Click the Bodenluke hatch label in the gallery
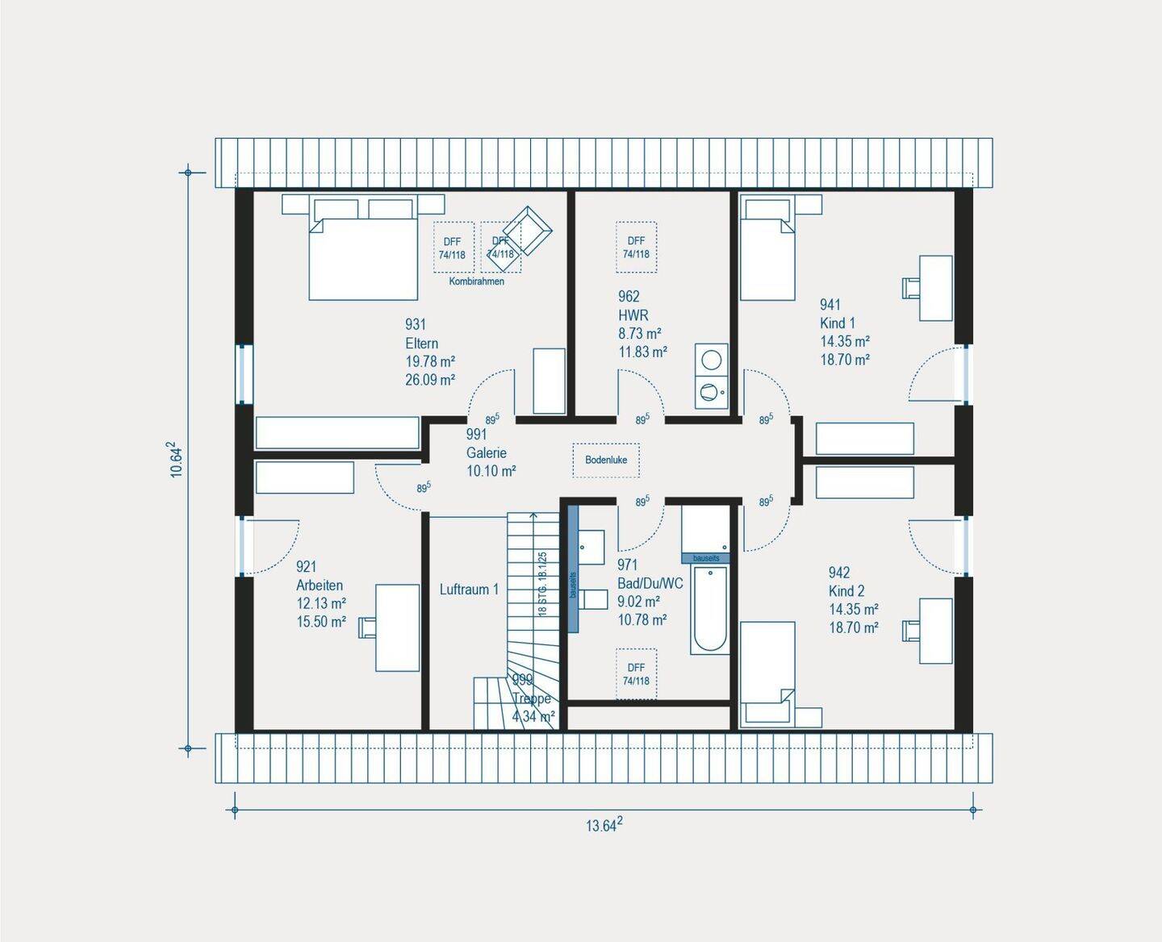(x=606, y=460)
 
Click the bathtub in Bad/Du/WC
(x=709, y=609)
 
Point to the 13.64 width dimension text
(x=604, y=824)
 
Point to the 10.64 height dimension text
(x=177, y=460)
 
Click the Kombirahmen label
(x=476, y=281)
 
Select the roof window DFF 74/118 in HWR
(x=636, y=247)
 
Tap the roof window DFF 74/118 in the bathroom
(x=636, y=674)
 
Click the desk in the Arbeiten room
(x=397, y=627)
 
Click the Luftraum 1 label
(x=469, y=590)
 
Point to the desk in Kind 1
(x=935, y=288)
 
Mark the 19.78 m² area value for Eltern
(x=429, y=361)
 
